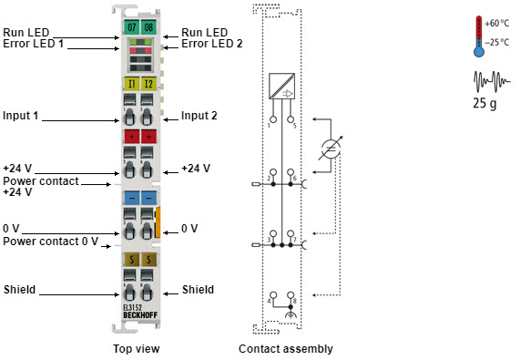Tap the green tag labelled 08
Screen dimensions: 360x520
point(148,28)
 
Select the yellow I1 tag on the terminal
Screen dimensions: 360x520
point(131,84)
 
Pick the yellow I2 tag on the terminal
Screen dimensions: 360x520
point(148,84)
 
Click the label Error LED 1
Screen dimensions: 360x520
point(35,43)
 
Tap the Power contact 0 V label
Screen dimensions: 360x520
point(50,241)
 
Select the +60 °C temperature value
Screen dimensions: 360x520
point(496,23)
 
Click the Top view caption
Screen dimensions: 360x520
point(137,348)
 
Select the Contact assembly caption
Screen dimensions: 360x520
point(285,348)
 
